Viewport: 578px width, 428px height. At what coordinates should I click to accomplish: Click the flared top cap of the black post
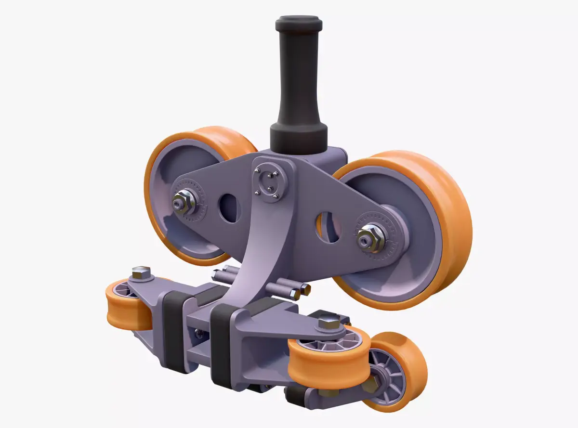point(299,23)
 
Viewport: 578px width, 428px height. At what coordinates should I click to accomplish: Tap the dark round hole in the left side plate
point(230,208)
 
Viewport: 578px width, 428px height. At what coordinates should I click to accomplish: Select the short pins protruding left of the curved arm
point(223,275)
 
